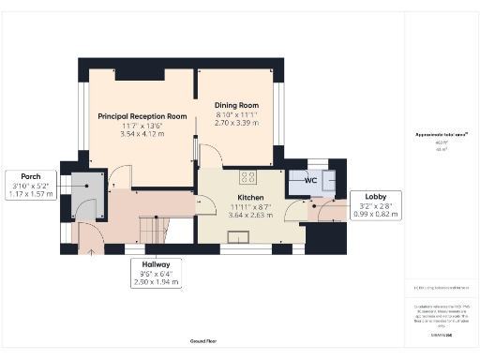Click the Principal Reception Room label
[142, 116]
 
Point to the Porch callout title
[31, 176]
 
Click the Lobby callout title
[363, 196]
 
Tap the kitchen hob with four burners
[249, 175]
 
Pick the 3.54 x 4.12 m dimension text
[142, 135]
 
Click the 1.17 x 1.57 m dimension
[31, 194]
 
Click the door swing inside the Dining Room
[211, 152]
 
